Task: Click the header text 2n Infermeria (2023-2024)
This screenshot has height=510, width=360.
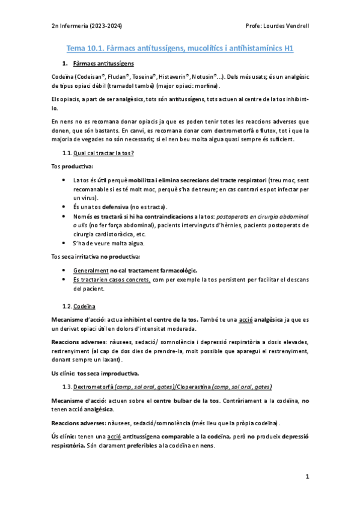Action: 85,26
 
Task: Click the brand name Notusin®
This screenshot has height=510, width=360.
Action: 206,77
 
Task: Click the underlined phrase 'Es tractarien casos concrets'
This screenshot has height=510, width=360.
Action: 112,280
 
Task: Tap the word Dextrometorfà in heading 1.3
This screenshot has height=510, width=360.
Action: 102,386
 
